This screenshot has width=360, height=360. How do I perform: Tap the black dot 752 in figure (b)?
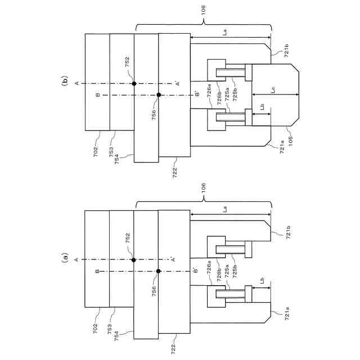tap(134, 83)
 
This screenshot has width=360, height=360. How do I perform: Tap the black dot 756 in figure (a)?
tap(159, 271)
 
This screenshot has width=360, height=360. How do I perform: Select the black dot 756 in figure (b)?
tap(159, 94)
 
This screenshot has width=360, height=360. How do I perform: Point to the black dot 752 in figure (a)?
tap(134, 260)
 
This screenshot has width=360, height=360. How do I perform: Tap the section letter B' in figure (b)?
tap(196, 94)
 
